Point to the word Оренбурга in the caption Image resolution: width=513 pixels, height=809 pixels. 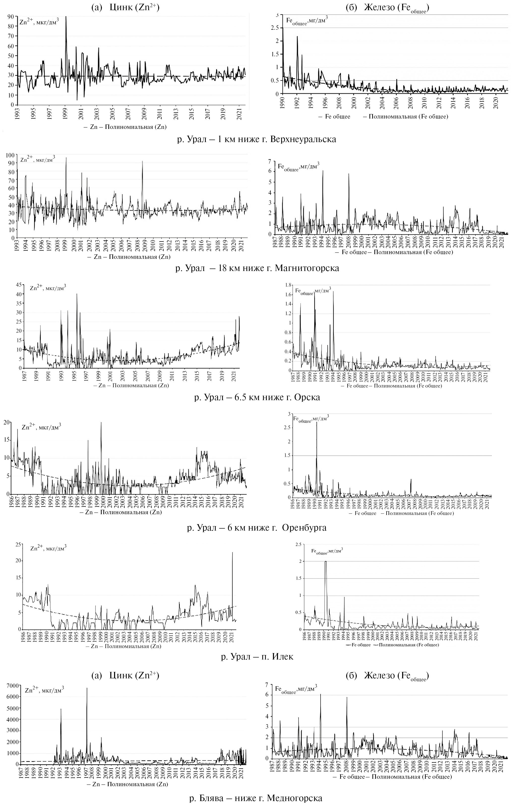[x=304, y=527]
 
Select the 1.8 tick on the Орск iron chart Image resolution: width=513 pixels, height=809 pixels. [x=288, y=285]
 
